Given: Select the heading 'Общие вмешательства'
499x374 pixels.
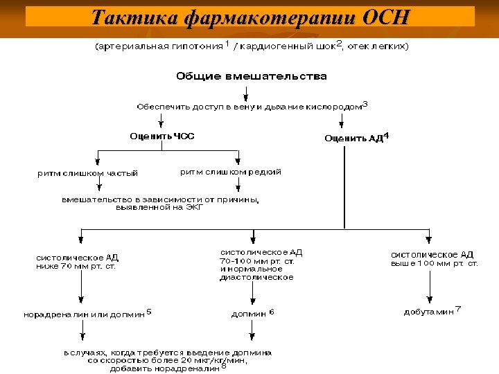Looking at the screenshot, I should point(251,76).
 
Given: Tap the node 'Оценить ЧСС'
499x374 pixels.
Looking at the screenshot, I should point(162,136).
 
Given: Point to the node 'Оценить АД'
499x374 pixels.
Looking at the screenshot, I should point(353,138).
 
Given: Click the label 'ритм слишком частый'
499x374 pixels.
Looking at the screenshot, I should point(87,172).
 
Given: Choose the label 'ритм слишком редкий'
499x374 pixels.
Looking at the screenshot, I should point(231,171).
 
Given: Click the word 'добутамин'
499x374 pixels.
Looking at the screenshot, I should point(429,312).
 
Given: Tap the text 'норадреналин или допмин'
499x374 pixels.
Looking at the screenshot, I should point(85,314).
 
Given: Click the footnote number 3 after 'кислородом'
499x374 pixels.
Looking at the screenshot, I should point(365,104).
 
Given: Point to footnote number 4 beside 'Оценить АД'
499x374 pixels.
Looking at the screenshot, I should point(386,135).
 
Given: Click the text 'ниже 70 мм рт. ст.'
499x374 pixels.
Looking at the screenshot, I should point(76,265).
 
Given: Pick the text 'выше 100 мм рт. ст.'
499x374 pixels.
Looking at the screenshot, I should point(435,263).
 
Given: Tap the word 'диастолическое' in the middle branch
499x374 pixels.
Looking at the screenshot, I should point(256,277).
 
